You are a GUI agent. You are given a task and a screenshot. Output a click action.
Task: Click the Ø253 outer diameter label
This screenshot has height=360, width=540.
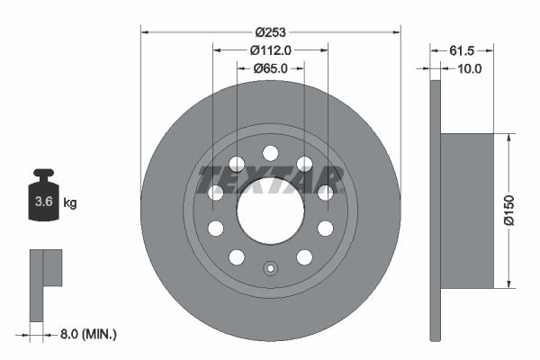270,32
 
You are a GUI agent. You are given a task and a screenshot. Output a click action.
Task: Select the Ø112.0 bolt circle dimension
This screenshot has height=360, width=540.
270,50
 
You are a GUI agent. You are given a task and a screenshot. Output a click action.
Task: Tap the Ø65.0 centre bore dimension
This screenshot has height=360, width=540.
270,67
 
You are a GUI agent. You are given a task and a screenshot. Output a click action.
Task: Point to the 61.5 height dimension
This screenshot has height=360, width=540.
462,50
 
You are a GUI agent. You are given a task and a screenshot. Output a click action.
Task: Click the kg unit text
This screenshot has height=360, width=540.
69,203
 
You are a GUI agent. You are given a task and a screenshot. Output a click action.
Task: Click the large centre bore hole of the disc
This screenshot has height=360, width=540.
270,211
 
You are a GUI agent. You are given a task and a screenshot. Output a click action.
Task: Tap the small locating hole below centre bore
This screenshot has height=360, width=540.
270,267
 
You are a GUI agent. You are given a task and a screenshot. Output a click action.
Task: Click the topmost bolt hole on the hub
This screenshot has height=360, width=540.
270,153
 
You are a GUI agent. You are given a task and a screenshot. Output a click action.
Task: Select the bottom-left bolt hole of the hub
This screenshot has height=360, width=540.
237,257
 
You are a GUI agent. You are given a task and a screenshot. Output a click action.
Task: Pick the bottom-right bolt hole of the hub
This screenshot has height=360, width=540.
304,257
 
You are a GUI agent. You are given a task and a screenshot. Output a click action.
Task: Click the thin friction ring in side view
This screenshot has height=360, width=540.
436,211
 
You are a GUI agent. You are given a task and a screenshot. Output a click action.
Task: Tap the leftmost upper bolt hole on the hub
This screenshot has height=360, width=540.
216,192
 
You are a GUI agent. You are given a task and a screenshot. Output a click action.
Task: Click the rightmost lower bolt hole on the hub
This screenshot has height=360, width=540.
325,229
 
